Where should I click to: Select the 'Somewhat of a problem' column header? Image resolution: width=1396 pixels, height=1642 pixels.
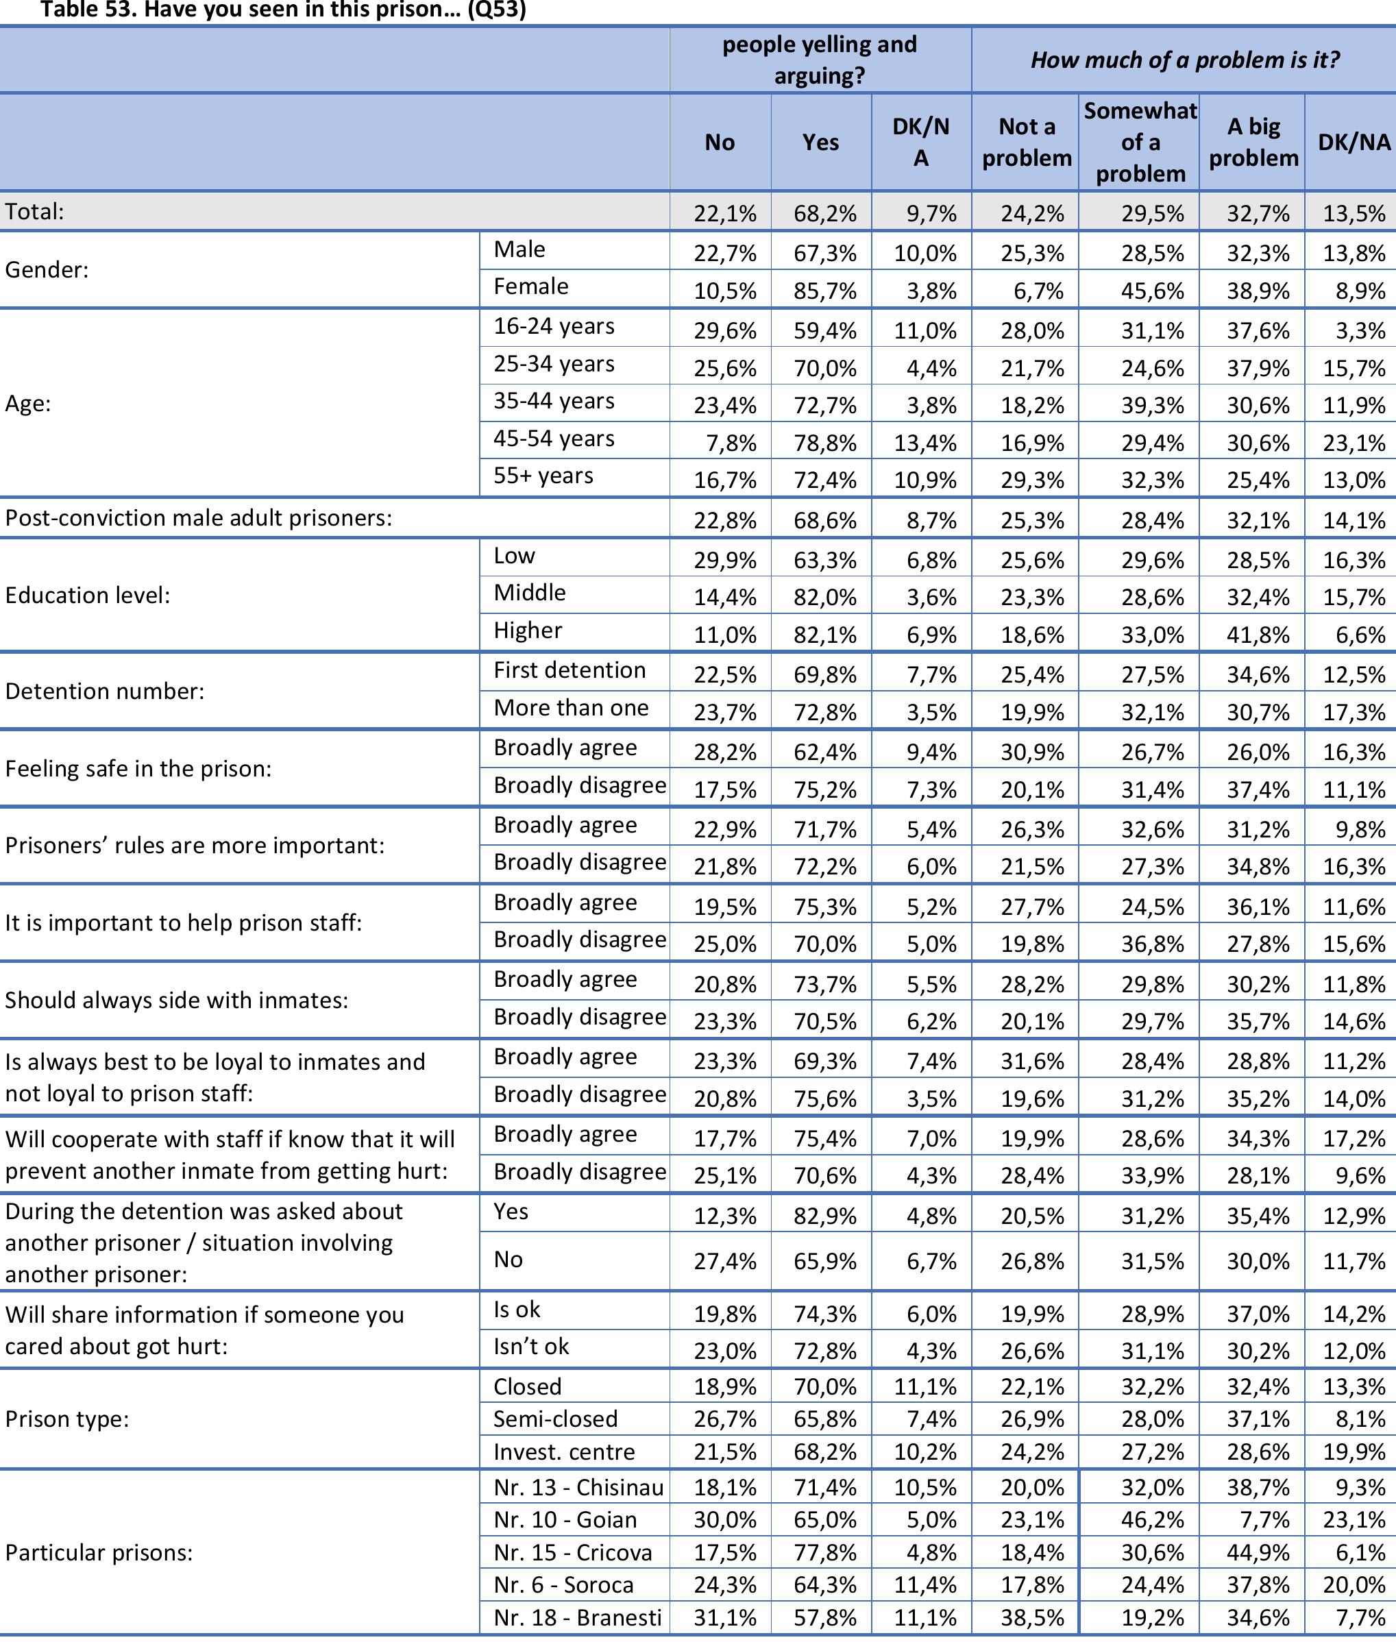point(1140,143)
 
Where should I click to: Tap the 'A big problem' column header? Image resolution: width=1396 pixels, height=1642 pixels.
point(1253,143)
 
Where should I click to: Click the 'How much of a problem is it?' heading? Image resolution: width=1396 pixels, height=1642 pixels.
point(1184,60)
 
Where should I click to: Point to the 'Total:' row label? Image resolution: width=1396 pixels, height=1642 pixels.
point(35,211)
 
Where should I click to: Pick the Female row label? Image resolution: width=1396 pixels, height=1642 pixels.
point(530,286)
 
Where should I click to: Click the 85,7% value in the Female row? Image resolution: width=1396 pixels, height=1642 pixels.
point(824,291)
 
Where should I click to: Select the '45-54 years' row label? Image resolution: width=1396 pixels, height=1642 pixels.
point(553,439)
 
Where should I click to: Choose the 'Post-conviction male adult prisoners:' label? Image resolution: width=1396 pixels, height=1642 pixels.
point(199,518)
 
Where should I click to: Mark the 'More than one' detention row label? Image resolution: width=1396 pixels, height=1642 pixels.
point(571,707)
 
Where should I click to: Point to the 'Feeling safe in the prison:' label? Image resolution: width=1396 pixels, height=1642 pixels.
point(138,768)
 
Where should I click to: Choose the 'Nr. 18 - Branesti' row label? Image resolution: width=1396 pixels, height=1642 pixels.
point(577,1617)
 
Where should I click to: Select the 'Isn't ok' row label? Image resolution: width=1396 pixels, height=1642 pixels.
point(530,1346)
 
